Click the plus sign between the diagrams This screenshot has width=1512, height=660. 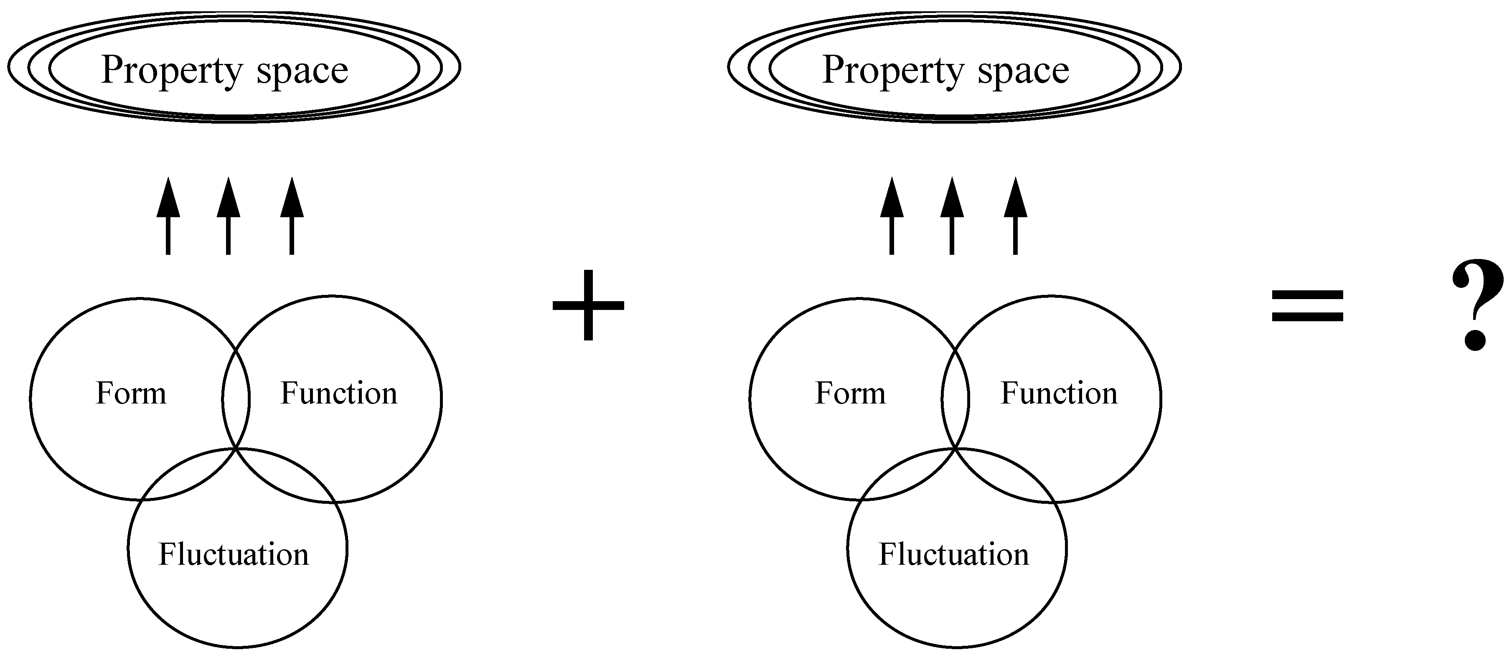tap(588, 305)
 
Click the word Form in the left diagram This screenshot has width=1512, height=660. tap(131, 393)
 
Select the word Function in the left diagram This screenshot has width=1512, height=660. tap(339, 393)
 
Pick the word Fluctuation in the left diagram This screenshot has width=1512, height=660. tap(234, 554)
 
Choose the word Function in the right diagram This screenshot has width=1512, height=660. tap(1059, 393)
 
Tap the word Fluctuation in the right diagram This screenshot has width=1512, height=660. tap(954, 554)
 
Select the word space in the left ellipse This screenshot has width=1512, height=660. tap(302, 71)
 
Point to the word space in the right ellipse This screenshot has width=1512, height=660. tap(1023, 71)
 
